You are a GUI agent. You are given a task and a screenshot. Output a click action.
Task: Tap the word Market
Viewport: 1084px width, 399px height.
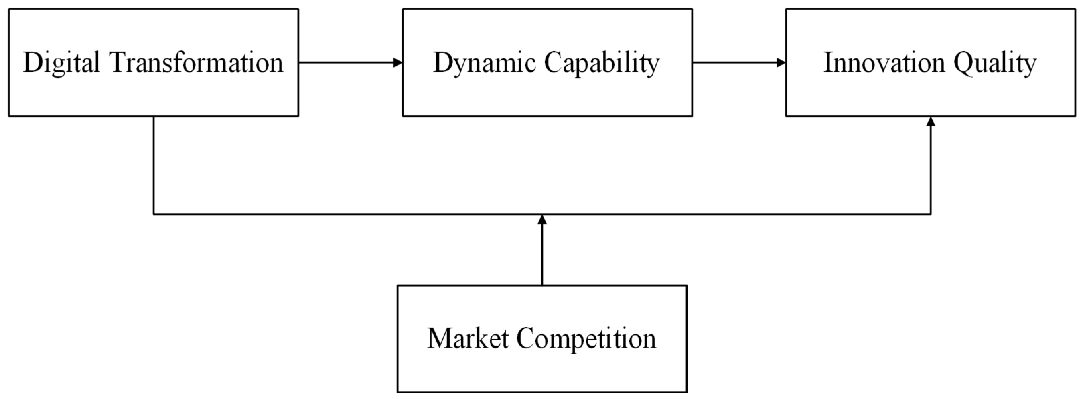pyautogui.click(x=468, y=338)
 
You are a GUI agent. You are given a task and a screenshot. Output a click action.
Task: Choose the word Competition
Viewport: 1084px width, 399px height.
pyautogui.click(x=586, y=338)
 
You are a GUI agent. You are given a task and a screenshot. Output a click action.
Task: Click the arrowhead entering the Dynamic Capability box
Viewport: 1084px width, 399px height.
pyautogui.click(x=398, y=63)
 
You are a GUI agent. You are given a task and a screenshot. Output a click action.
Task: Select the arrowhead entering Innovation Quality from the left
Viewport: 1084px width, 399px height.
pyautogui.click(x=781, y=63)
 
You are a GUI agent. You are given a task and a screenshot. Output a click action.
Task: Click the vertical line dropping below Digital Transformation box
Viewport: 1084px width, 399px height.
pyautogui.click(x=154, y=164)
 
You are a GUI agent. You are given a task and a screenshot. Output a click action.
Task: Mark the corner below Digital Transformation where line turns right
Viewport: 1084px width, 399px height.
pyautogui.click(x=154, y=214)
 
